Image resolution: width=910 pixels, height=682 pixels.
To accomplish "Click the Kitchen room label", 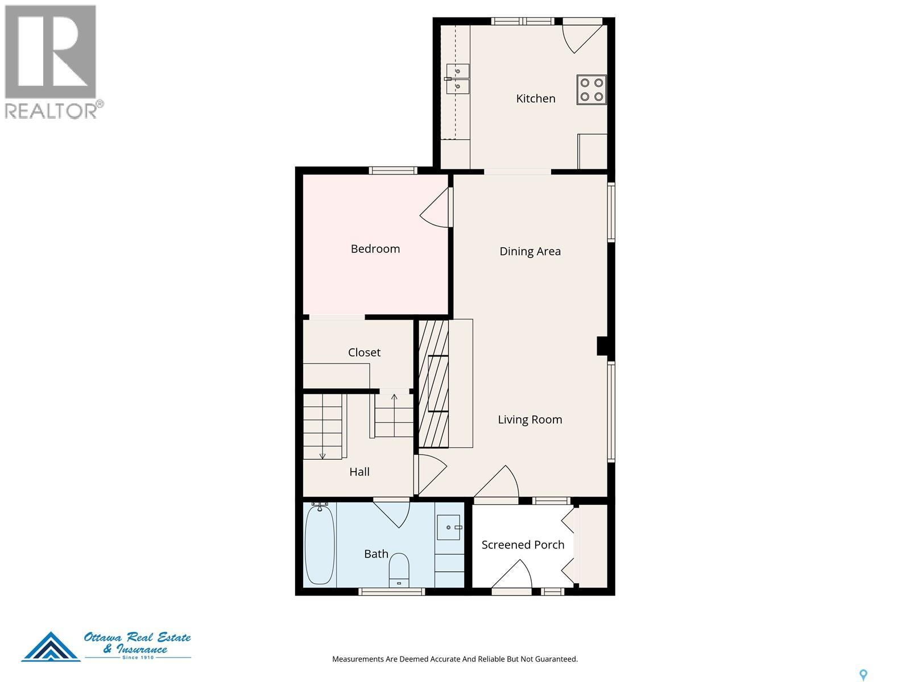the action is [535, 98].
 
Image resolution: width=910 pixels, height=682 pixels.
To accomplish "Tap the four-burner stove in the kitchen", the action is [591, 89].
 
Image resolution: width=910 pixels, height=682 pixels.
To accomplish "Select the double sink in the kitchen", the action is [457, 78].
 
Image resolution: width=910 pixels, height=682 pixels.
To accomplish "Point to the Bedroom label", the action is [375, 249].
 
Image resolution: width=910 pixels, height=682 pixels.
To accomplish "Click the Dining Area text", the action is [530, 251].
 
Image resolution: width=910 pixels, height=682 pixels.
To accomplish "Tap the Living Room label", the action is [530, 419].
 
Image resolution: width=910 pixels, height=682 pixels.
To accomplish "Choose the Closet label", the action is [364, 352].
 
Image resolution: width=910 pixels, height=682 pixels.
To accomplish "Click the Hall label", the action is [359, 472].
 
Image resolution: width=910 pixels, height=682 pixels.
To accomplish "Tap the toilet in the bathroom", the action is [399, 570].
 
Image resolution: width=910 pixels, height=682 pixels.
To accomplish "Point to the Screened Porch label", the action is [523, 545].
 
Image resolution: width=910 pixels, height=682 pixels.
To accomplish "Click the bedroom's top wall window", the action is [393, 170].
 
